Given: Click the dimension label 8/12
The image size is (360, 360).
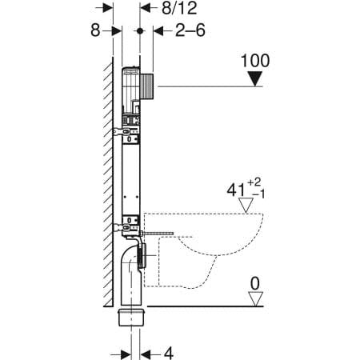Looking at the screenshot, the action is [179, 8].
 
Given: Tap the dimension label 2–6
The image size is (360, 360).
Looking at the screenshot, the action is [190, 30].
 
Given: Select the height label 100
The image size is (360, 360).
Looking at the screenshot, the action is [255, 61].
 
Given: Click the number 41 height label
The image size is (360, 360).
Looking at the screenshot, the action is [236, 190].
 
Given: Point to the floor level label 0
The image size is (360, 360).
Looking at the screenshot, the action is [255, 283].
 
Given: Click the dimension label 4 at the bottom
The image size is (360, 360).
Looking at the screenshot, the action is [169, 354].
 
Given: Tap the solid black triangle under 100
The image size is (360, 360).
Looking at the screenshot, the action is [255, 79].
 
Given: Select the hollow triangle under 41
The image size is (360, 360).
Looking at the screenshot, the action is [246, 206].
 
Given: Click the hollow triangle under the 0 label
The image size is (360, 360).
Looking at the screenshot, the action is [256, 299].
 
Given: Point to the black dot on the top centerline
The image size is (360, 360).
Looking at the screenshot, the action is [140, 31].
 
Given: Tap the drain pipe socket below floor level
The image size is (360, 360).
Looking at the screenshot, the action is [131, 317].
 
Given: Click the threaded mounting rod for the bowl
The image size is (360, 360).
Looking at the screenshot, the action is [157, 234].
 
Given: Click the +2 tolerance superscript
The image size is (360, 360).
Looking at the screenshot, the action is [254, 182].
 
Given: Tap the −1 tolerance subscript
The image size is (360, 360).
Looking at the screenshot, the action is [258, 194].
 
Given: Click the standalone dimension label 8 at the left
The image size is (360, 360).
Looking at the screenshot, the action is [95, 30].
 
